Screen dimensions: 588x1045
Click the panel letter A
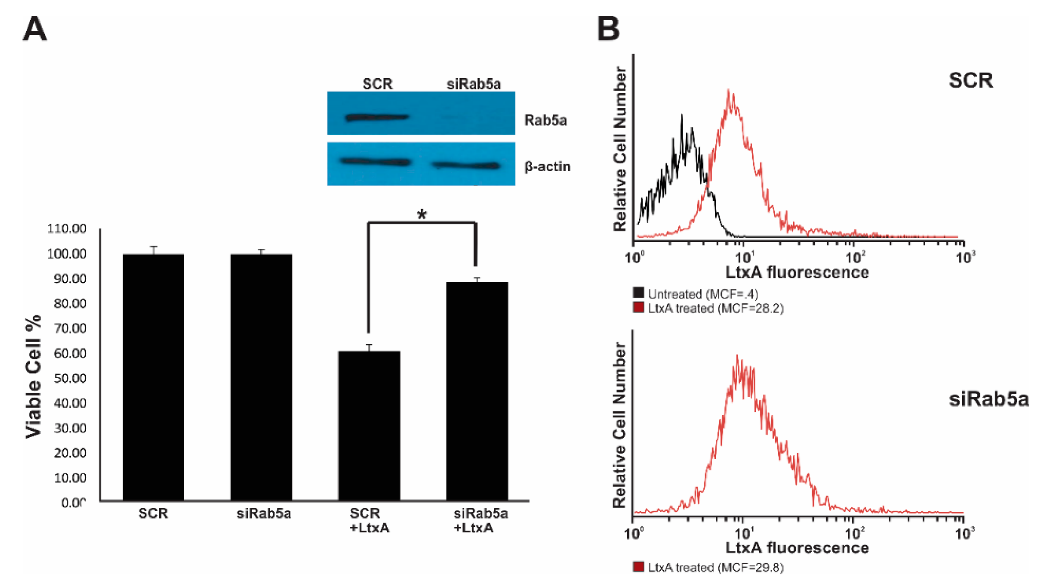click(35, 29)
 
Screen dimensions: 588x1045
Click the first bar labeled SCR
click(153, 377)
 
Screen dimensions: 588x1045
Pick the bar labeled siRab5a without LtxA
click(261, 377)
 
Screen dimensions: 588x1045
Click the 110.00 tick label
click(67, 229)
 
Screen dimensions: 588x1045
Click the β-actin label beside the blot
click(547, 167)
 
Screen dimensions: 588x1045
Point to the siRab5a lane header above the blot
click(474, 84)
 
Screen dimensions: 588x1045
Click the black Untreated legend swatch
click(638, 293)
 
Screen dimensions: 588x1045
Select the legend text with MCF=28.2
click(715, 308)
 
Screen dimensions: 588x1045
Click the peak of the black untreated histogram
click(682, 116)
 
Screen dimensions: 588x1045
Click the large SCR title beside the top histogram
click(970, 80)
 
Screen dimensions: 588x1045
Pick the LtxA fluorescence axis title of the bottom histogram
click(797, 548)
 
